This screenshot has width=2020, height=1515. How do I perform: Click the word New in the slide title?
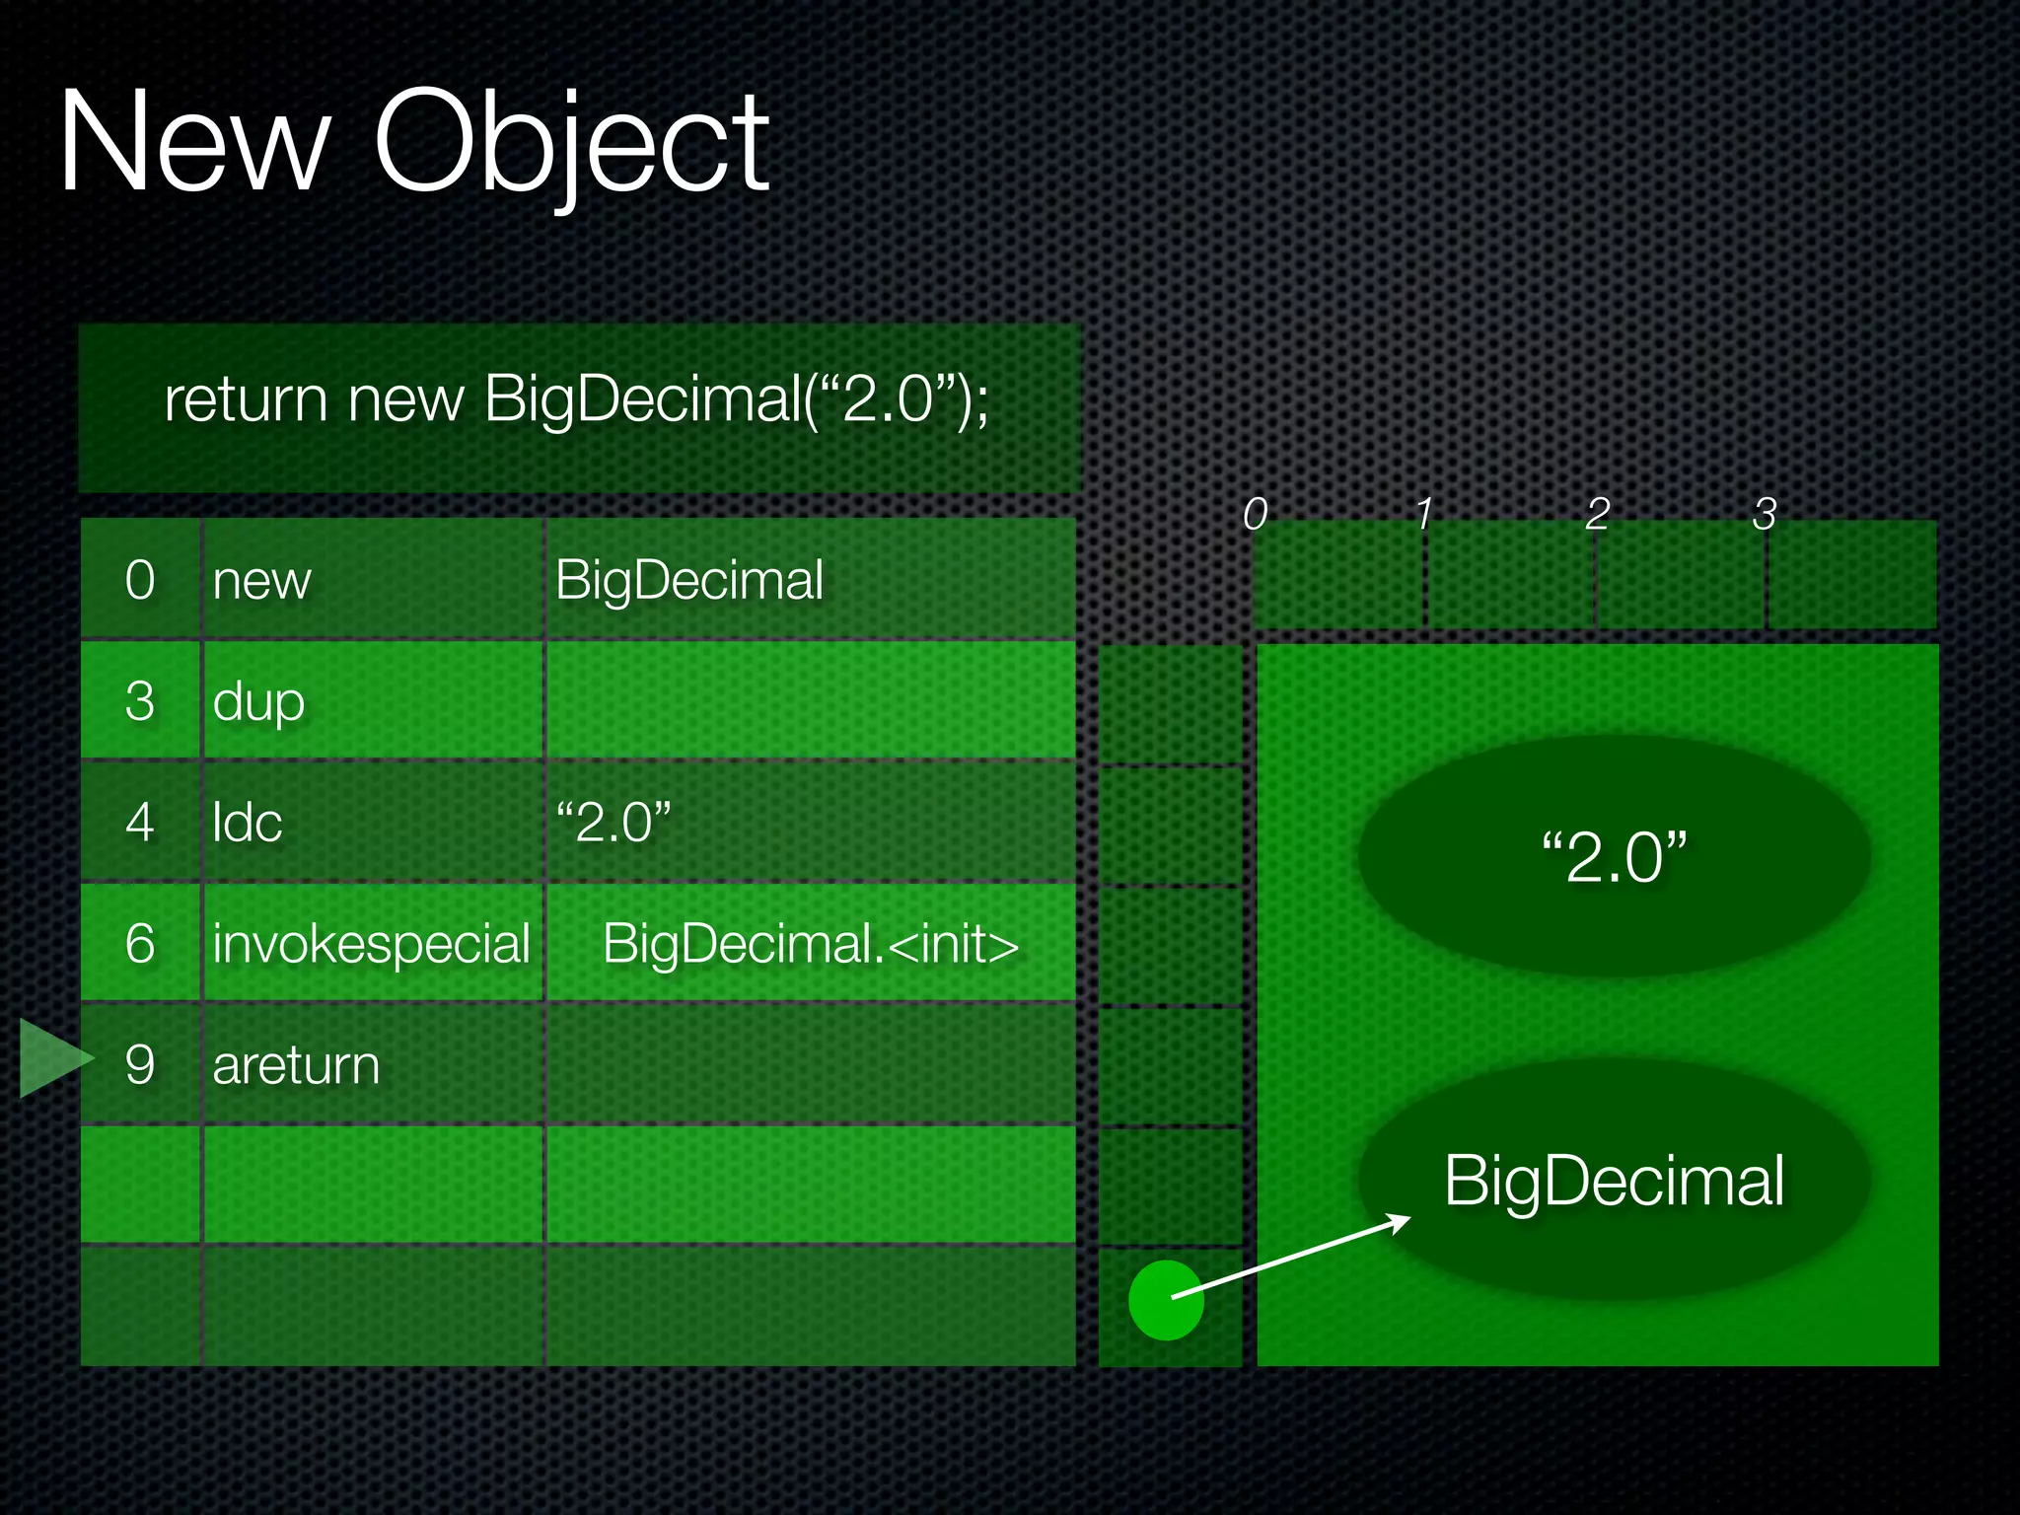193,143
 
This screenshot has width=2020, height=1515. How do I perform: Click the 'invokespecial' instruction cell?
372,944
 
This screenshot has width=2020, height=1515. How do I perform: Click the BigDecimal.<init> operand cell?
810,944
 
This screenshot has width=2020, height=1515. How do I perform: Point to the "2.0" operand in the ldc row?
613,823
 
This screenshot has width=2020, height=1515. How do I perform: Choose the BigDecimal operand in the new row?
688,580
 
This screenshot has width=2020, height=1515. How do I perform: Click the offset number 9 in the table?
140,1065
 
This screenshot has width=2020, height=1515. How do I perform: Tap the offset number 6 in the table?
140,944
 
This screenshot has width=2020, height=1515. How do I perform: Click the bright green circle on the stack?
1166,1300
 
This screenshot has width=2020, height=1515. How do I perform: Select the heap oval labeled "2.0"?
1614,856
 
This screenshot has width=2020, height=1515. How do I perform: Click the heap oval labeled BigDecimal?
1614,1179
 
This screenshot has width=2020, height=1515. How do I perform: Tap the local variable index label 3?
1765,514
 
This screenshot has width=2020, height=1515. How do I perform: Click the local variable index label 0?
1255,514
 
